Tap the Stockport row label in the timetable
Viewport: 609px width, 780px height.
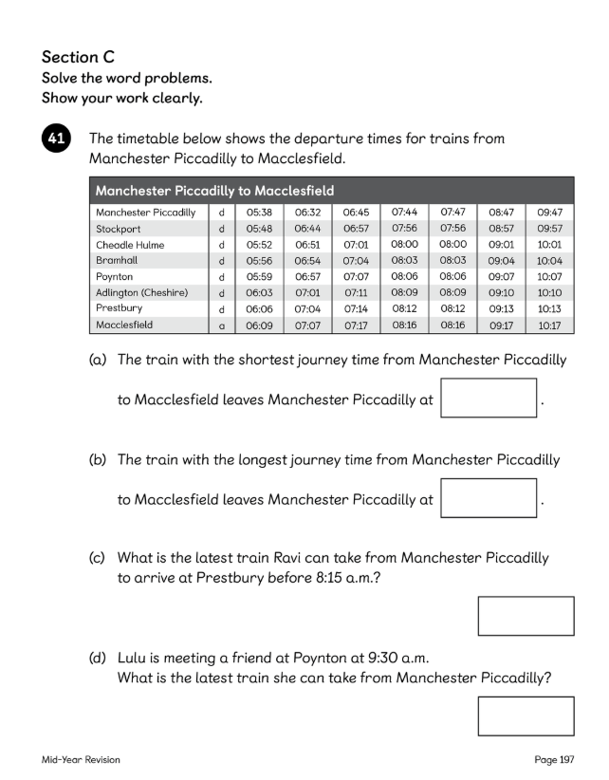point(120,229)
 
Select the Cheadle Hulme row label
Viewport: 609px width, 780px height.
point(130,245)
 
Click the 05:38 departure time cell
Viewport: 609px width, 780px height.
point(259,213)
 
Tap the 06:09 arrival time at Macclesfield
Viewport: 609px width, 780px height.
point(259,325)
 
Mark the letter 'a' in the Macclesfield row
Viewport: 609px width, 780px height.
point(221,325)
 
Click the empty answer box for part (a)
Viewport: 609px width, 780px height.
point(489,399)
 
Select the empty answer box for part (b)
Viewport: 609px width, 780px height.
point(489,497)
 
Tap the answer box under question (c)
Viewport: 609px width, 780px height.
point(526,616)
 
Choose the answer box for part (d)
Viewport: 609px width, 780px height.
point(526,715)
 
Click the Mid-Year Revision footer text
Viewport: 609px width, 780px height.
point(81,760)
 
